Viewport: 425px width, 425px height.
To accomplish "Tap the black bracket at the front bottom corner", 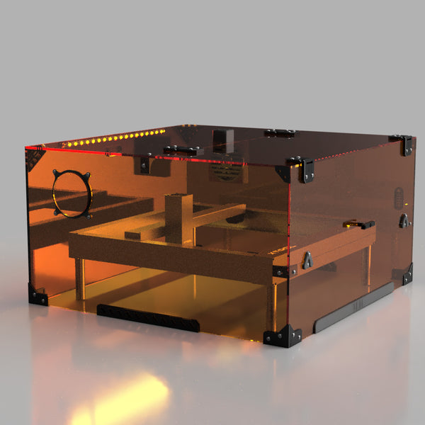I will (x=283, y=336).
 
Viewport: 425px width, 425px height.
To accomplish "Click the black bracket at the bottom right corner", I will (x=407, y=274).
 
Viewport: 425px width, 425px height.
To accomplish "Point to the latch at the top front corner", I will (x=305, y=169).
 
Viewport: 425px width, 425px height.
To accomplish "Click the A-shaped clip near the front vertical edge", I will (x=307, y=260).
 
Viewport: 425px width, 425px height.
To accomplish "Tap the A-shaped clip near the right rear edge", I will (x=403, y=220).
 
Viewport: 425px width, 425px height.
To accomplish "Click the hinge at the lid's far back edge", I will (x=279, y=132).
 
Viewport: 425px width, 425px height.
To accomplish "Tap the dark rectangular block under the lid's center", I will (x=223, y=139).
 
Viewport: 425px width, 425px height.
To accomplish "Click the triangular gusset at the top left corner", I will (x=33, y=160).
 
